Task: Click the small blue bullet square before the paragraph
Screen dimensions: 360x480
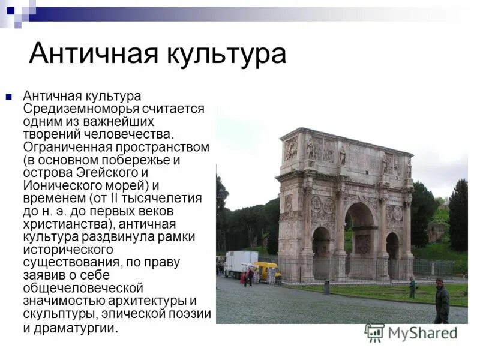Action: pos(9,95)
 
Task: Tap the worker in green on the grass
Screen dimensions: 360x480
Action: pos(412,287)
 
